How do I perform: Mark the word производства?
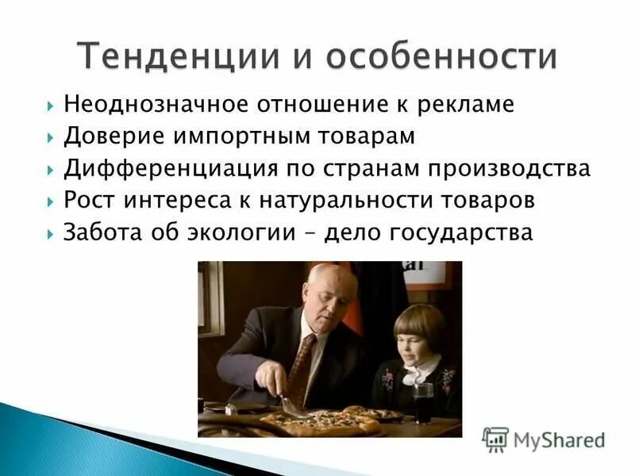click(x=512, y=169)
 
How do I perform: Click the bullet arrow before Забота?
click(x=50, y=234)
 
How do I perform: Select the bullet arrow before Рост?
click(x=50, y=202)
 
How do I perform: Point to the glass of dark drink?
click(x=424, y=402)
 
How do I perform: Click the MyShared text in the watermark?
click(x=559, y=440)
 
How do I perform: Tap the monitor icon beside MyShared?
click(x=495, y=440)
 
